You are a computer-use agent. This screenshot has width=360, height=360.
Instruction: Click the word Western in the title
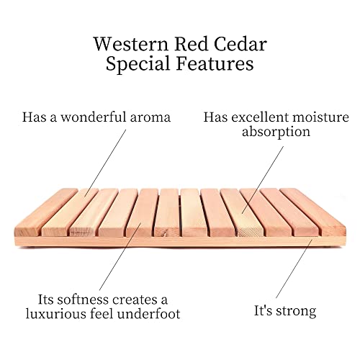click(131, 43)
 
